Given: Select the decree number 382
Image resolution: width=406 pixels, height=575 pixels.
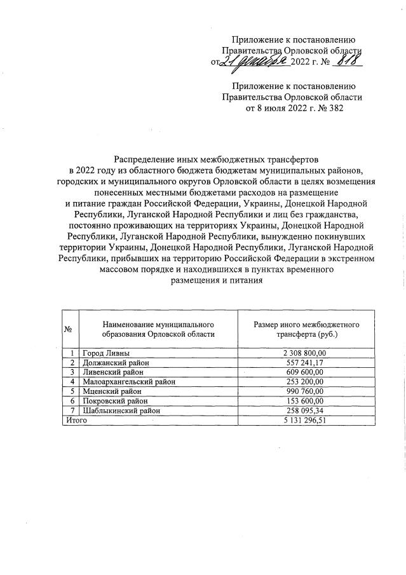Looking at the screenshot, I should [x=334, y=108].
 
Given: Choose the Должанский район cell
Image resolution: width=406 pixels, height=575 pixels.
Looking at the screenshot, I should [x=115, y=362].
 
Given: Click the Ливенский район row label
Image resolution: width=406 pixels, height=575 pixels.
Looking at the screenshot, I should [x=113, y=372].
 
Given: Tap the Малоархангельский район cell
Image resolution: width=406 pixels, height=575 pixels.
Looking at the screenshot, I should [x=129, y=381].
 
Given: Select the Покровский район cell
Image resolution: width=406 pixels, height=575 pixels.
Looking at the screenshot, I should [x=114, y=401].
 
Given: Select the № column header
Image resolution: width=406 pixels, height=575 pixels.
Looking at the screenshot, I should [x=68, y=328].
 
